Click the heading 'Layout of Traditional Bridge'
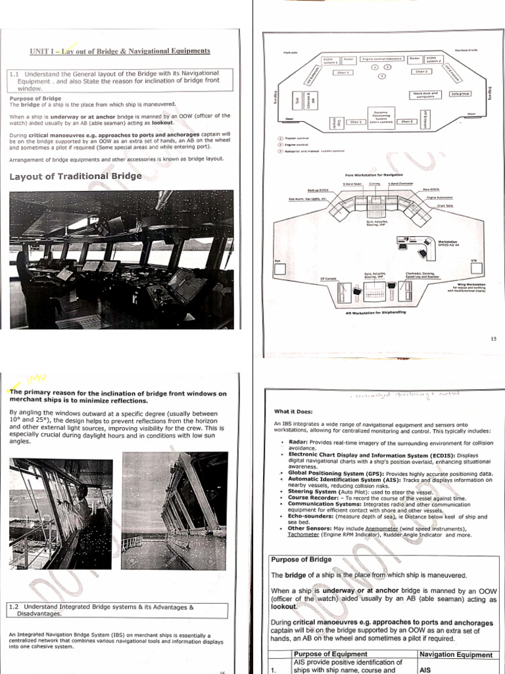[x=76, y=176]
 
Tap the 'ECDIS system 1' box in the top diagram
[x=328, y=59]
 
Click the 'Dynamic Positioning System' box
[x=380, y=117]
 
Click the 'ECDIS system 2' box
[x=434, y=59]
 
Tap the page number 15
[x=494, y=338]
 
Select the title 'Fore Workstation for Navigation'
[x=374, y=175]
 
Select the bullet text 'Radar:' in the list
[x=299, y=443]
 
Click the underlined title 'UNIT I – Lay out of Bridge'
[x=120, y=51]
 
